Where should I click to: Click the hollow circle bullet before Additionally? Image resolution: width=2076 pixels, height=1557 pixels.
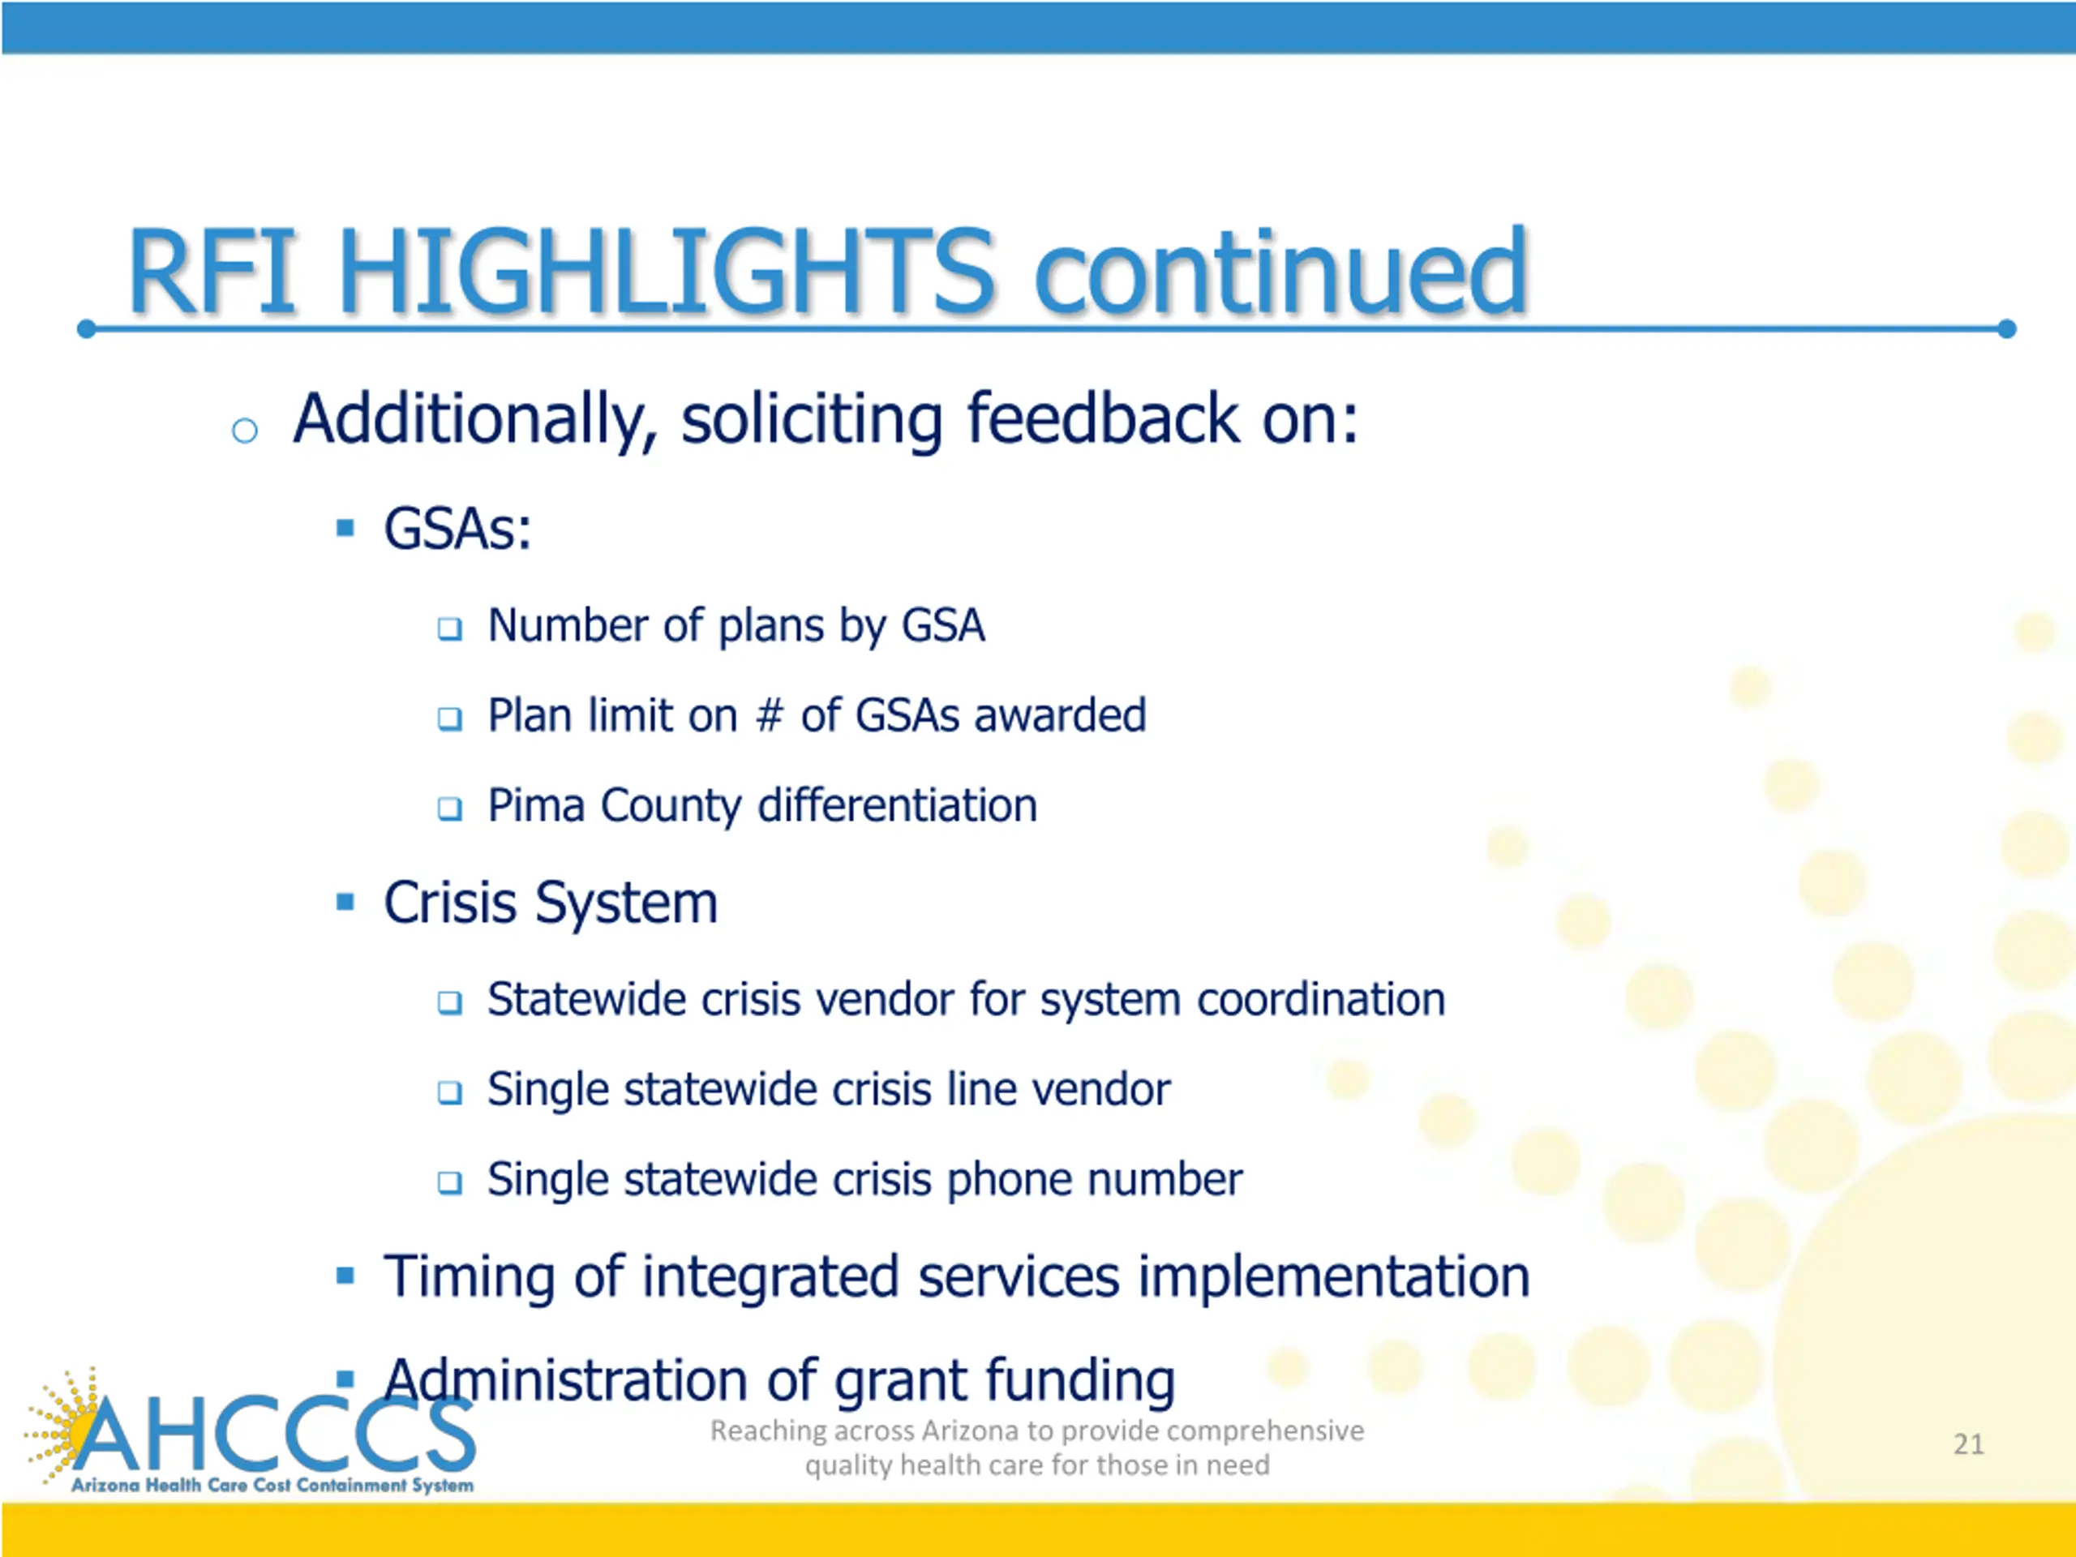pos(245,431)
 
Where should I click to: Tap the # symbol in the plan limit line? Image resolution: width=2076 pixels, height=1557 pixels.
pos(769,715)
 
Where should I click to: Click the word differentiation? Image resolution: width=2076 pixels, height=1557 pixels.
pos(897,805)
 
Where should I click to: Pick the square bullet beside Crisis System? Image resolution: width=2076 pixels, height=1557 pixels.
pos(345,902)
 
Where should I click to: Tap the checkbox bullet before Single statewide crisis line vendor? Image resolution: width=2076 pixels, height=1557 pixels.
pos(451,1092)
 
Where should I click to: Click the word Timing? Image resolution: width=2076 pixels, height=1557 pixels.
pos(471,1276)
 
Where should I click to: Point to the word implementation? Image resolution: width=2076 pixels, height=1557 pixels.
pos(1334,1276)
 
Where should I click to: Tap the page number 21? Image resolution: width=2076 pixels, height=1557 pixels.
pos(1969,1443)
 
